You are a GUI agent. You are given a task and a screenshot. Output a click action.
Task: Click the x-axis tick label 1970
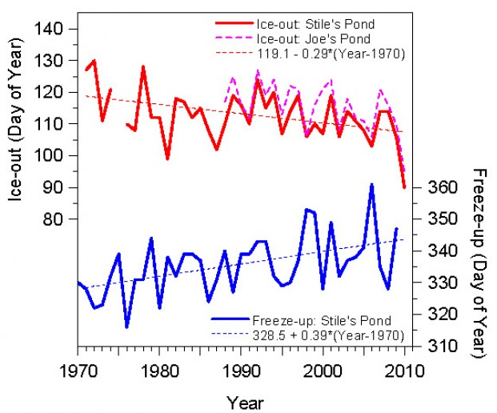78,371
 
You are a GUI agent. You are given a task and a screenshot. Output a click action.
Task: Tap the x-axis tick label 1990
242,371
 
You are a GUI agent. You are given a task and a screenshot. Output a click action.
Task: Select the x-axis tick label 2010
405,371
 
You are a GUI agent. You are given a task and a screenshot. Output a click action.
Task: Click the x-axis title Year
242,402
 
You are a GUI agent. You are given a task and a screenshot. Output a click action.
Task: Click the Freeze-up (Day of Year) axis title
479,256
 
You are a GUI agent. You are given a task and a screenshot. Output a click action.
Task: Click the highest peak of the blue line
371,184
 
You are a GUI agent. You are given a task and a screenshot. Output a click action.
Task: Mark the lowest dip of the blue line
126,327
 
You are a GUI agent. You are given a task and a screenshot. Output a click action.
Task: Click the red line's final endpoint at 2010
405,187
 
